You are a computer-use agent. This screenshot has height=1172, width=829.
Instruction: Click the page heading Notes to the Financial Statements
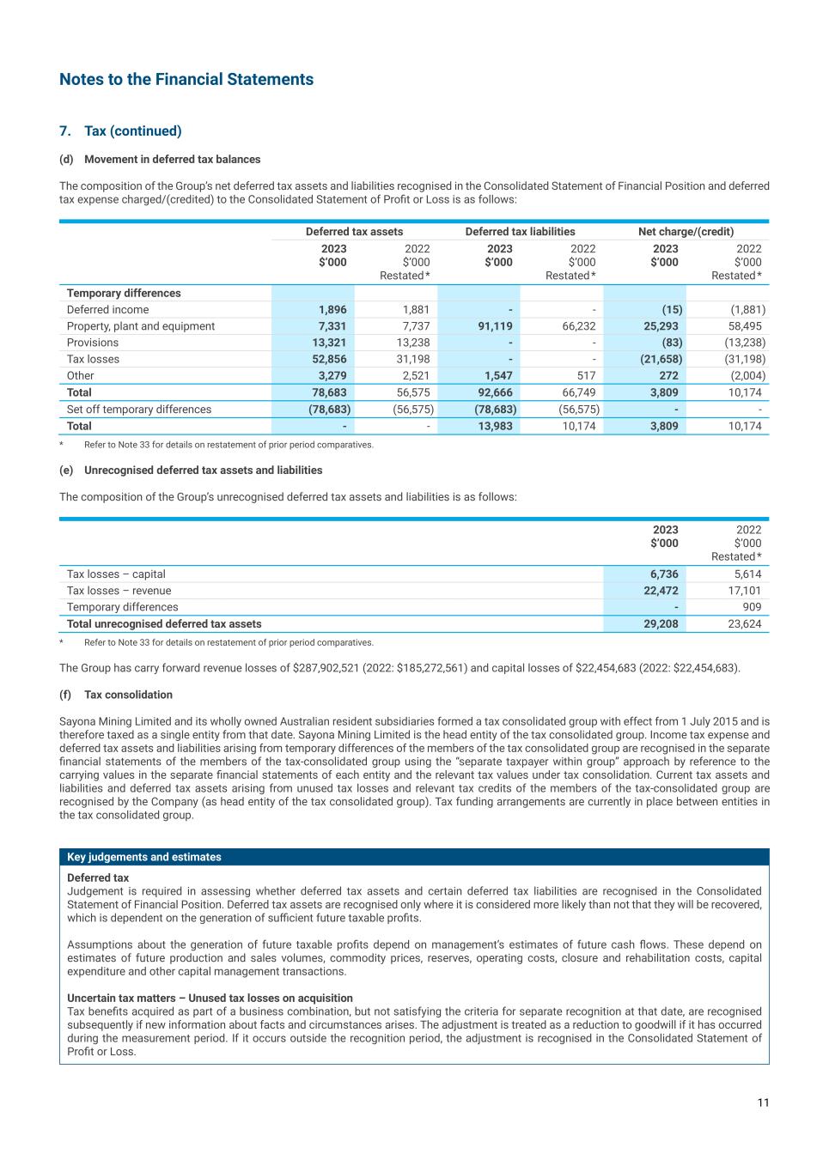click(x=186, y=80)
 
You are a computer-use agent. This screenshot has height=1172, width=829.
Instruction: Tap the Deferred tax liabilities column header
click(x=520, y=232)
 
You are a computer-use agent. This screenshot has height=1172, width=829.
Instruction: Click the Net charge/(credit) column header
click(x=686, y=232)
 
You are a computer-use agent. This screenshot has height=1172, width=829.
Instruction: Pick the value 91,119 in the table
click(x=494, y=326)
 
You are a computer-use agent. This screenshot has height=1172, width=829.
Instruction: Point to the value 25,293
click(x=660, y=326)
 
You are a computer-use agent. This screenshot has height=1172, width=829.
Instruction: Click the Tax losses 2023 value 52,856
click(x=328, y=359)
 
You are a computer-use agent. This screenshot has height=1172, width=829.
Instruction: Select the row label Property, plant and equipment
click(x=141, y=326)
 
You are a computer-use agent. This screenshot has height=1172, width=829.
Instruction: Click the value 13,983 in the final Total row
click(x=494, y=426)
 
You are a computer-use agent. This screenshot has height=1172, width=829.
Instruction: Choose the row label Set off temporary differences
click(x=139, y=410)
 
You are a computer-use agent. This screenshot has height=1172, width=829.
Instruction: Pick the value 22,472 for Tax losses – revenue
click(x=660, y=591)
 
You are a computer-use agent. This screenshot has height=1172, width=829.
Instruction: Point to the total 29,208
click(x=660, y=624)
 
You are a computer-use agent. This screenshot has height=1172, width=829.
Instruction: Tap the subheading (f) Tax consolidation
click(x=116, y=695)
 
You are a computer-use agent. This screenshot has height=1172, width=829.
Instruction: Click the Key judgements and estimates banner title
click(x=144, y=857)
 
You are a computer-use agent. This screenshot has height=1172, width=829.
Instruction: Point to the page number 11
click(x=763, y=1103)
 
